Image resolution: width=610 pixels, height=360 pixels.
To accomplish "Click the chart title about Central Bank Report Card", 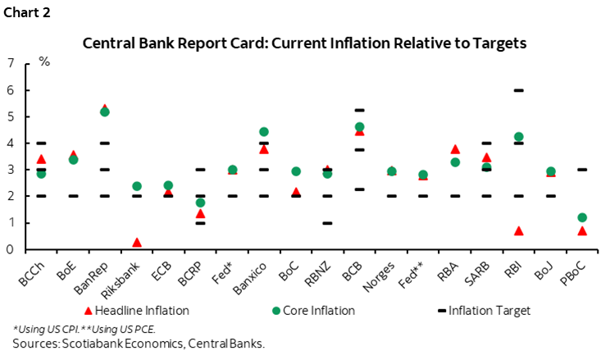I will (x=305, y=43).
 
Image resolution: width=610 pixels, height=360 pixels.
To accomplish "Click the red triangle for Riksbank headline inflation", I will (x=137, y=243).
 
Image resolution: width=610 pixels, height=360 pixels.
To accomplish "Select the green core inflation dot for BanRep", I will (x=104, y=112).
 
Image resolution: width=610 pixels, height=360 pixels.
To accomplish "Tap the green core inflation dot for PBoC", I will (x=581, y=217).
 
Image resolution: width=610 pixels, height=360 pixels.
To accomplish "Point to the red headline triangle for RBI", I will (x=518, y=231).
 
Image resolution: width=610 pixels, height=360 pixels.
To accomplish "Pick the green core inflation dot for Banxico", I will (x=264, y=132).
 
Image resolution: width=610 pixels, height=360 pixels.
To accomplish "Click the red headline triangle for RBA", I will (x=455, y=149).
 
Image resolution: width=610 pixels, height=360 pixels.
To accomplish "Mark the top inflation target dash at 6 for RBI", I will (x=518, y=90).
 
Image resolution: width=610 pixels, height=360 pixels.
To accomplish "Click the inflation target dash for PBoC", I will (x=581, y=170).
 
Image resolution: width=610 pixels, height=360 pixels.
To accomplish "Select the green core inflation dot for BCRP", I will (x=200, y=203).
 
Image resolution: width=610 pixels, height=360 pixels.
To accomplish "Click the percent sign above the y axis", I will (x=44, y=62).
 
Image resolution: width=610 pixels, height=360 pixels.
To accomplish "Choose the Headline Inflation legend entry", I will (x=138, y=310).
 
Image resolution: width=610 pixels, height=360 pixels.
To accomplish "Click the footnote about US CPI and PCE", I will (x=90, y=330).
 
